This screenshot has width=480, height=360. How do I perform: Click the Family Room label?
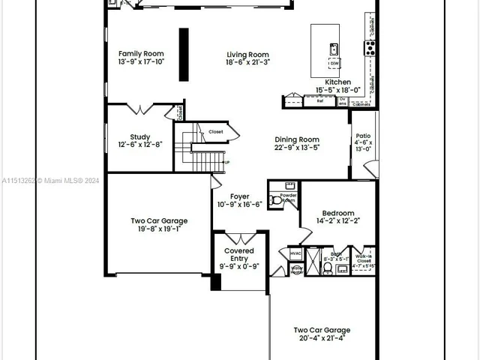(x=141, y=53)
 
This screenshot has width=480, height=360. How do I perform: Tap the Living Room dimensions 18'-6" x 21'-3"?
(x=247, y=62)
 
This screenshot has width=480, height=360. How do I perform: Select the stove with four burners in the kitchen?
(x=370, y=48)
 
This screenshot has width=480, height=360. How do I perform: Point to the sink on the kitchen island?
(x=332, y=49)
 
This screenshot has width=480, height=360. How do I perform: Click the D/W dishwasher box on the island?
(x=334, y=64)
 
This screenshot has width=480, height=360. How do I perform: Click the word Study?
(x=139, y=136)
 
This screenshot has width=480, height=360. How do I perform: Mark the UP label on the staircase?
(x=226, y=162)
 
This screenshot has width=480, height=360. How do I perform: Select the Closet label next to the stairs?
(x=216, y=131)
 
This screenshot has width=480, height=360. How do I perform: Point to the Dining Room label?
(x=296, y=139)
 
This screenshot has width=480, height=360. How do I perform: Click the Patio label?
(x=363, y=136)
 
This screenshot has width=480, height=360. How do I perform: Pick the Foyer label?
(x=239, y=196)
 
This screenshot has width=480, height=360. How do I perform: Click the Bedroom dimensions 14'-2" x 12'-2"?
(x=337, y=221)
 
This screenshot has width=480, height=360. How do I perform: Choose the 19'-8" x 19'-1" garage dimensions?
(x=159, y=229)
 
